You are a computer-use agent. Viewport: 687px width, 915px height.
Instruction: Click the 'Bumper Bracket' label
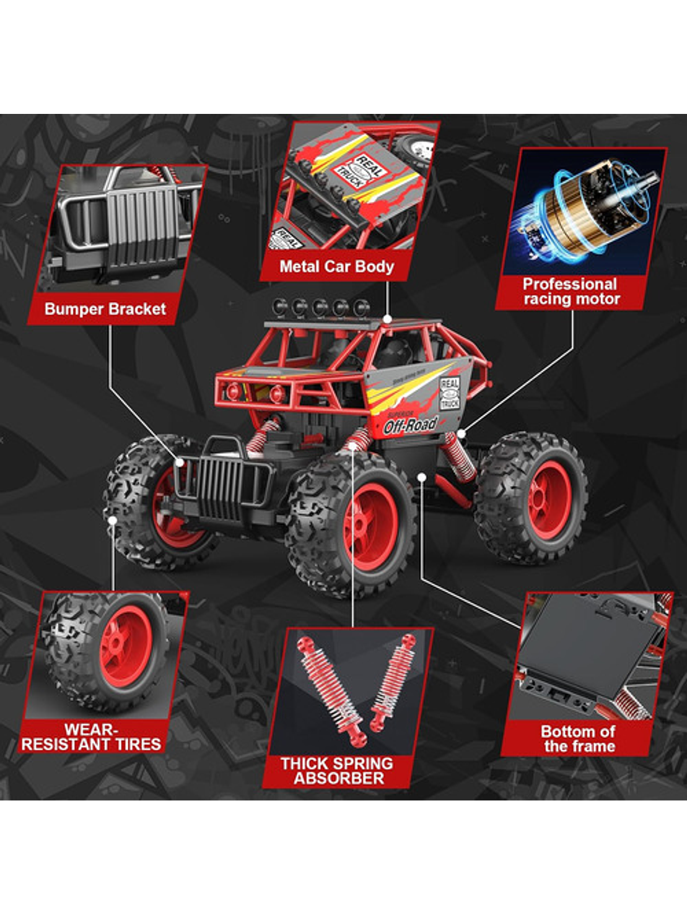[x=105, y=309]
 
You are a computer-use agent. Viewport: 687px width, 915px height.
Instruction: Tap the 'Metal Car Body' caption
[x=336, y=267]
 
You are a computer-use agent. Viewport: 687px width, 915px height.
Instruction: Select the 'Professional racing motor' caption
[x=571, y=292]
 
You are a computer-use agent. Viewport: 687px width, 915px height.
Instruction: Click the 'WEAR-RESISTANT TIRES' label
[x=91, y=737]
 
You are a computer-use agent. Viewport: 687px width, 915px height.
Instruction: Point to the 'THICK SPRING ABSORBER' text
[x=337, y=771]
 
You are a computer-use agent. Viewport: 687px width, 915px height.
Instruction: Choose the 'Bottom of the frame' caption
[x=579, y=739]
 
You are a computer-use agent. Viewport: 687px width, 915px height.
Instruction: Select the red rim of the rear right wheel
[x=548, y=498]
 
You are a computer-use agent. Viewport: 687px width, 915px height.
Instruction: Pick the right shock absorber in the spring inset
[x=394, y=681]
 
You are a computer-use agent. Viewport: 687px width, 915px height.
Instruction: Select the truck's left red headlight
[x=233, y=391]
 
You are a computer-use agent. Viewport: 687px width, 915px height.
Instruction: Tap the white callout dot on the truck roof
[x=387, y=319]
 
